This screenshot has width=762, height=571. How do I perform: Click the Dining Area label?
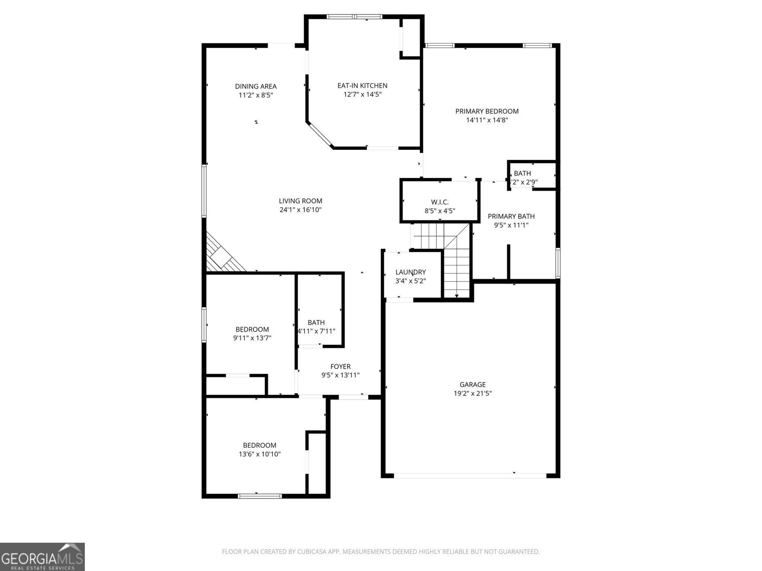pos(256,86)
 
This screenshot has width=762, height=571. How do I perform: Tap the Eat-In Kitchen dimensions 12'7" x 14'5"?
pos(362,94)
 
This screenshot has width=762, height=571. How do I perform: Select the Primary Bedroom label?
pos(487,111)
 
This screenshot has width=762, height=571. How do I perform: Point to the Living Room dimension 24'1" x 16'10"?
pos(301,209)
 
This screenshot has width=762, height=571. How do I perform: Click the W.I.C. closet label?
pos(440,202)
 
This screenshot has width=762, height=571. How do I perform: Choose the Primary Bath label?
pos(511,217)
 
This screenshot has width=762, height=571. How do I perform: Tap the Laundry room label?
pos(411,272)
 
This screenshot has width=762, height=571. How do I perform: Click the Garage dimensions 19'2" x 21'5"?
pos(472,393)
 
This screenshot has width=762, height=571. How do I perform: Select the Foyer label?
pos(340,366)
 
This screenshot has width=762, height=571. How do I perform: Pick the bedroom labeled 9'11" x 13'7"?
pos(252,334)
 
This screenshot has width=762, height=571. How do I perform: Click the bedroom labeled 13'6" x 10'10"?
pos(260,450)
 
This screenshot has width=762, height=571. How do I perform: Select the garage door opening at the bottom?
pos(470,475)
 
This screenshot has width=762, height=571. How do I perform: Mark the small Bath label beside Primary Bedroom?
pos(522,173)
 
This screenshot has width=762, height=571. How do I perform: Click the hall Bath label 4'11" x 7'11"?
pos(316,323)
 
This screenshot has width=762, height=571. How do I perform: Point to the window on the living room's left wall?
pos(204,190)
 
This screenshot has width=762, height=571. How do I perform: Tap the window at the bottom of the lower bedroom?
pos(260,496)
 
